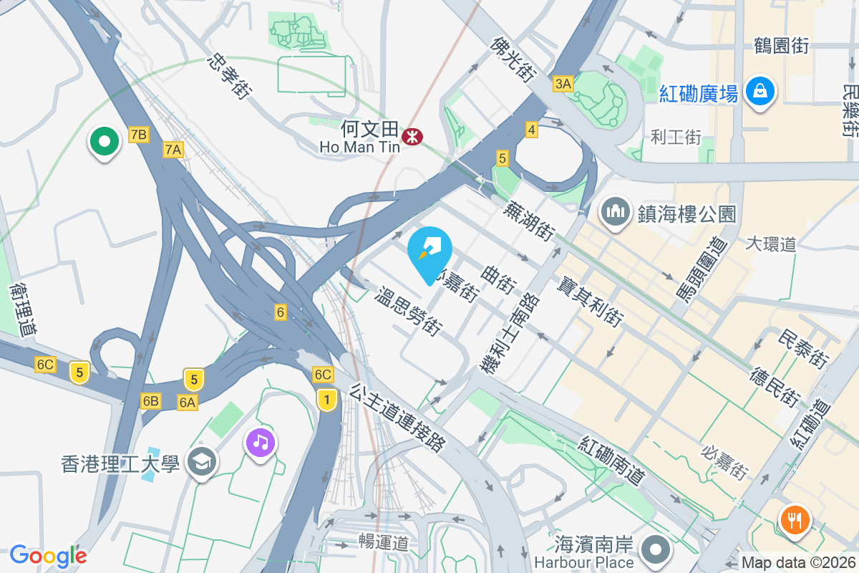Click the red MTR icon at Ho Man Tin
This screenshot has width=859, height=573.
tap(412, 135)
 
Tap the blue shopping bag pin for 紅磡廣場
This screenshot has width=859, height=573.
tap(757, 92)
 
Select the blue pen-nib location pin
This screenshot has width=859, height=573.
tap(429, 254)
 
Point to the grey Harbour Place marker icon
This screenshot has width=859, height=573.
tap(656, 550)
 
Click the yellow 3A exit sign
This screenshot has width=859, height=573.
tap(563, 84)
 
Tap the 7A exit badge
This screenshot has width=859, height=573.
tap(173, 150)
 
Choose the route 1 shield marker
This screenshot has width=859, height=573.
tap(326, 399)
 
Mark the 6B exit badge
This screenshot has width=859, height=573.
tap(150, 400)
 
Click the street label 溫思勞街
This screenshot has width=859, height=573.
tap(407, 313)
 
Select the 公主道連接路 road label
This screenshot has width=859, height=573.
tap(398, 418)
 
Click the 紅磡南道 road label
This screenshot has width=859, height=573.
tap(613, 459)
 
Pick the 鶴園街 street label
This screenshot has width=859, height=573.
tap(781, 46)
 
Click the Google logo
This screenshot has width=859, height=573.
tap(48, 555)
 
